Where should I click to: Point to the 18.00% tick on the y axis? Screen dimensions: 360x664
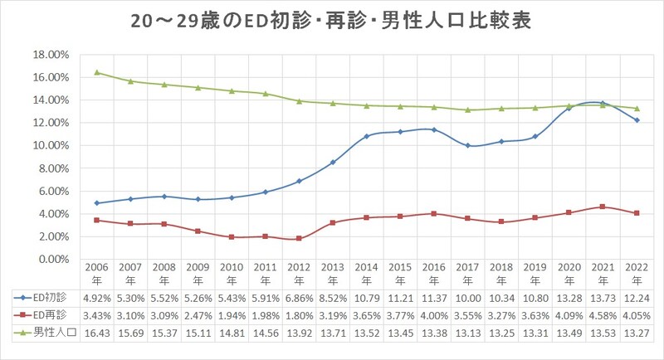[50, 55]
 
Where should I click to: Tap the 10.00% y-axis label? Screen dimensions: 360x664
[50, 146]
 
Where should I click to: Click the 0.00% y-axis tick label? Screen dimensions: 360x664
[52, 260]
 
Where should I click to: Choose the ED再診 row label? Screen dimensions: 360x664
[41, 315]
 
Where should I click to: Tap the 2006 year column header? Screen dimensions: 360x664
[97, 275]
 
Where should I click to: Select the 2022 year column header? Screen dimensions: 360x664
[635, 275]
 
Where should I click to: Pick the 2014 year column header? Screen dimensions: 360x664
[366, 275]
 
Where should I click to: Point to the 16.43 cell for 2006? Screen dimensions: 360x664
[97, 333]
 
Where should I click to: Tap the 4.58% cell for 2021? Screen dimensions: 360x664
[602, 315]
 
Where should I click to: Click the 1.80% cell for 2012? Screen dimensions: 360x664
[299, 315]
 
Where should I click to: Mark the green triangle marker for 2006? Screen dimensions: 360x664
[97, 72]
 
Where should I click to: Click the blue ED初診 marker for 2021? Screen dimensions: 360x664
[602, 103]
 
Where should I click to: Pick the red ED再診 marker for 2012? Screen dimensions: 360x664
[299, 239]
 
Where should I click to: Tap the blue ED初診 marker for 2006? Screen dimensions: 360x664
[97, 203]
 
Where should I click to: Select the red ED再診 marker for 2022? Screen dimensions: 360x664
[635, 213]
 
